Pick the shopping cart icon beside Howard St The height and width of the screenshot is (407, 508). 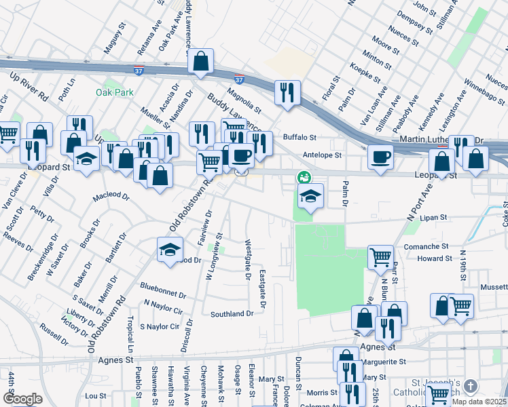click(380, 257)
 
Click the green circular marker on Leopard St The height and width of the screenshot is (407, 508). click(304, 177)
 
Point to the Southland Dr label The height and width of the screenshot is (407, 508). click(231, 314)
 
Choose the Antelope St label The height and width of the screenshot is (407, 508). click(321, 154)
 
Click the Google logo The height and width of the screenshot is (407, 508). click(22, 398)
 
